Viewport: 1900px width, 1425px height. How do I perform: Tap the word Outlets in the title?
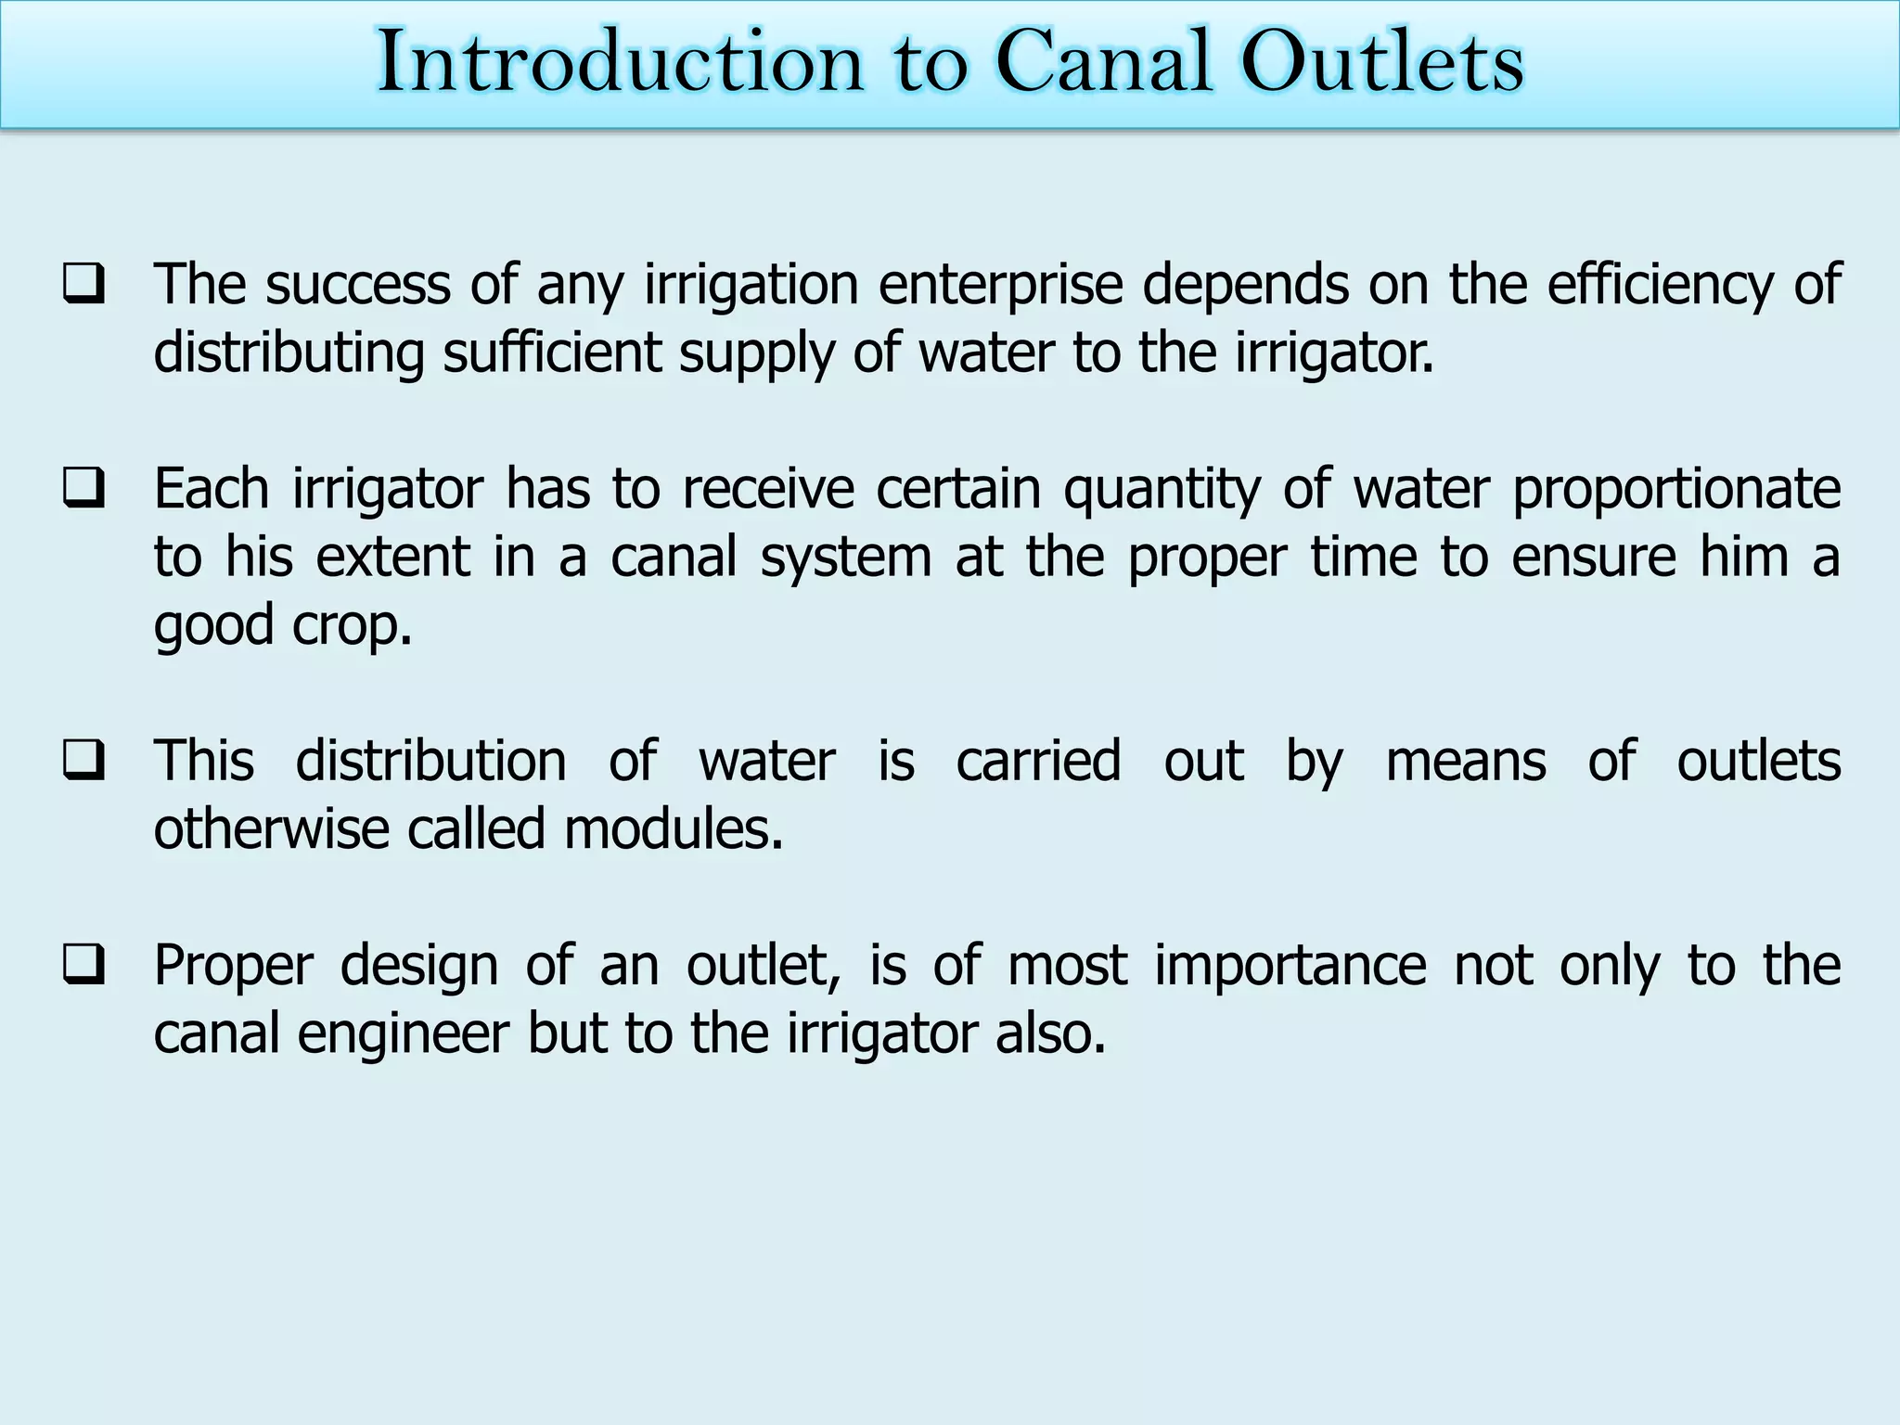(x=1382, y=62)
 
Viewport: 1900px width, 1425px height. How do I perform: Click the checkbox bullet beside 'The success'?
(x=83, y=285)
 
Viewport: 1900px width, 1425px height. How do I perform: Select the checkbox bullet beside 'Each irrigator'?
(x=83, y=489)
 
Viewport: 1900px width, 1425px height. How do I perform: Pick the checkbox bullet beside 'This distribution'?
(x=83, y=761)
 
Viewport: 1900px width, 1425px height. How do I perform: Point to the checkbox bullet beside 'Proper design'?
(x=83, y=965)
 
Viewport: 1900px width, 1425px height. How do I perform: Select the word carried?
(x=1038, y=762)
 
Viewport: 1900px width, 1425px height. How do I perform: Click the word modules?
(x=674, y=828)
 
